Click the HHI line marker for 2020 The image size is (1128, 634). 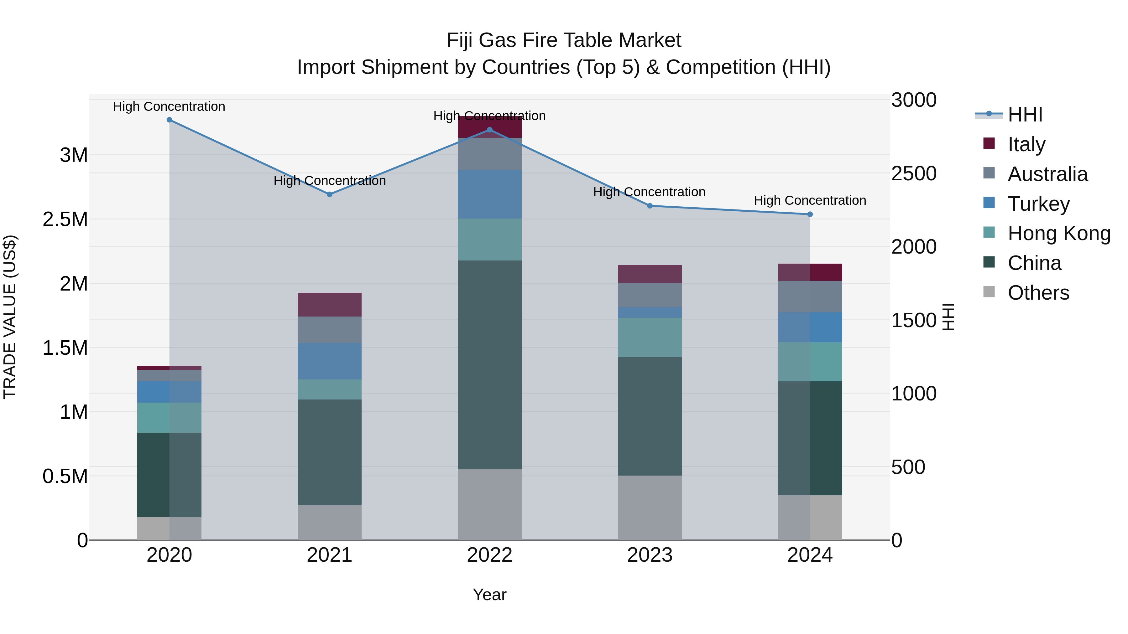170,120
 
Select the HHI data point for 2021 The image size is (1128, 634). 330,194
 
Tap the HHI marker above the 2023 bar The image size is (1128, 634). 650,206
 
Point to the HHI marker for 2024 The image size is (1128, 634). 810,214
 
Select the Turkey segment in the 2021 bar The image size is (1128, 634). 329,361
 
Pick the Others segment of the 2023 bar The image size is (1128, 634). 650,507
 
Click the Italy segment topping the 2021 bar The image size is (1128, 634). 329,305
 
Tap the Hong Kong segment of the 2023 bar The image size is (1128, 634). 650,337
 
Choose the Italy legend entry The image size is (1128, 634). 1026,144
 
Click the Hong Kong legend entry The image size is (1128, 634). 1059,233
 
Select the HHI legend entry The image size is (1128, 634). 1025,115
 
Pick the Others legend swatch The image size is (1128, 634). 989,292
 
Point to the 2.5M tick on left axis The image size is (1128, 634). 65,219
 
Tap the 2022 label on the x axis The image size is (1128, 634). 489,555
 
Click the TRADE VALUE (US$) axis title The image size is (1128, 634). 10,317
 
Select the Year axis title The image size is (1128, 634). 489,595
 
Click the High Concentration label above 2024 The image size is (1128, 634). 810,200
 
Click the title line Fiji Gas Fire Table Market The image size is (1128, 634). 564,40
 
